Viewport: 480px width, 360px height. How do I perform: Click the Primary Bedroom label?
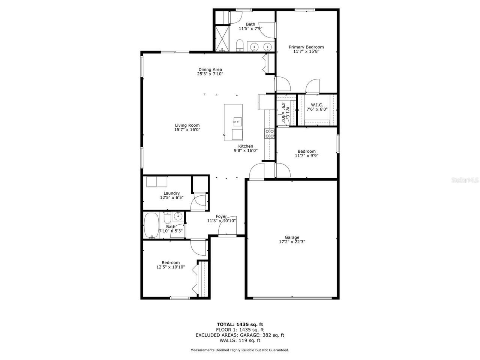click(x=306, y=47)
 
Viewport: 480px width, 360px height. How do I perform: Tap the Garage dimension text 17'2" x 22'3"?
click(x=292, y=242)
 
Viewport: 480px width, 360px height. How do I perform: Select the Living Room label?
click(x=187, y=126)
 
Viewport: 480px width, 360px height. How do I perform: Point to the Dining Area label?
click(x=210, y=69)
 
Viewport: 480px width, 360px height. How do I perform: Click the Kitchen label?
click(x=246, y=146)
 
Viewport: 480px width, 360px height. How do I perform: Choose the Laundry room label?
click(x=171, y=193)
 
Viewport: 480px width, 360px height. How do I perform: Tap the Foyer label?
click(x=221, y=216)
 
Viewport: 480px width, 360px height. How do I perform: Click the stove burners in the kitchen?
click(x=269, y=133)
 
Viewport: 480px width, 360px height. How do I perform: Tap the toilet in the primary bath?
click(x=240, y=46)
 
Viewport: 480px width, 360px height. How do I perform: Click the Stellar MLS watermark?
click(x=465, y=180)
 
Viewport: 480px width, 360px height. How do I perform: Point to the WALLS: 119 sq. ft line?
click(x=240, y=340)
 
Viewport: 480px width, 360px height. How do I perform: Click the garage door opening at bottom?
click(x=292, y=298)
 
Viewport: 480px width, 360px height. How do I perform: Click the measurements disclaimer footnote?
click(x=240, y=350)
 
